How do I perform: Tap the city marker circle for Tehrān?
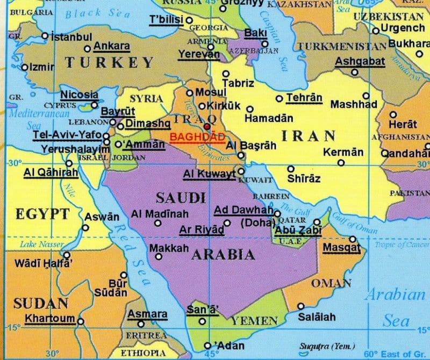(279, 98)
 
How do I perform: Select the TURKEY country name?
(109, 62)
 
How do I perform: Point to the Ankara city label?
(111, 46)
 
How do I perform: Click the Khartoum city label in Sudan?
(50, 318)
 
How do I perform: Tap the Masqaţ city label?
(341, 248)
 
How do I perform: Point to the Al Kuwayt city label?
(209, 174)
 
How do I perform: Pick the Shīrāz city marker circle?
(291, 169)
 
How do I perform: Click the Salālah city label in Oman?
(317, 317)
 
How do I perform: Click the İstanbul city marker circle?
(45, 37)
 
